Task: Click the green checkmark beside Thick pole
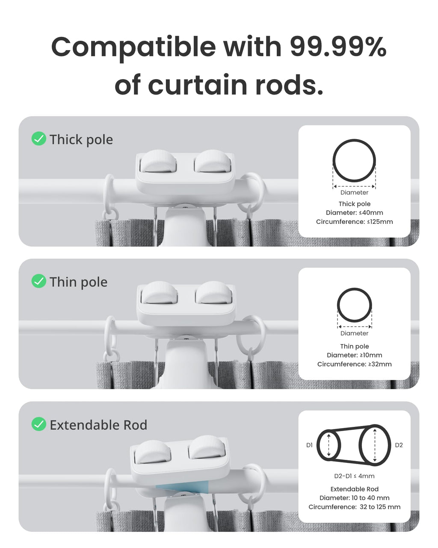coord(39,139)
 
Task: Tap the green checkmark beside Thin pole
coord(39,281)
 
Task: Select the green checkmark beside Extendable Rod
coord(39,424)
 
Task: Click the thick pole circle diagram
coord(354,161)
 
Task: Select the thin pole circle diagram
coord(354,305)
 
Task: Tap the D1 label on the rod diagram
coord(309,445)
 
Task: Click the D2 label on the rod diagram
coord(399,445)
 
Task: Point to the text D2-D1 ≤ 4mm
coord(354,476)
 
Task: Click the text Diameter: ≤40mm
coord(354,213)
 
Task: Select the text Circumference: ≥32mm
coord(354,364)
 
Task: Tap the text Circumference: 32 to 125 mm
coord(354,507)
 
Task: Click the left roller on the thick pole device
coord(158,162)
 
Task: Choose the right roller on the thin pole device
coord(214,294)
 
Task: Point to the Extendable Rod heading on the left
coord(98,425)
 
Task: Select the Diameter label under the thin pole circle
coord(354,333)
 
